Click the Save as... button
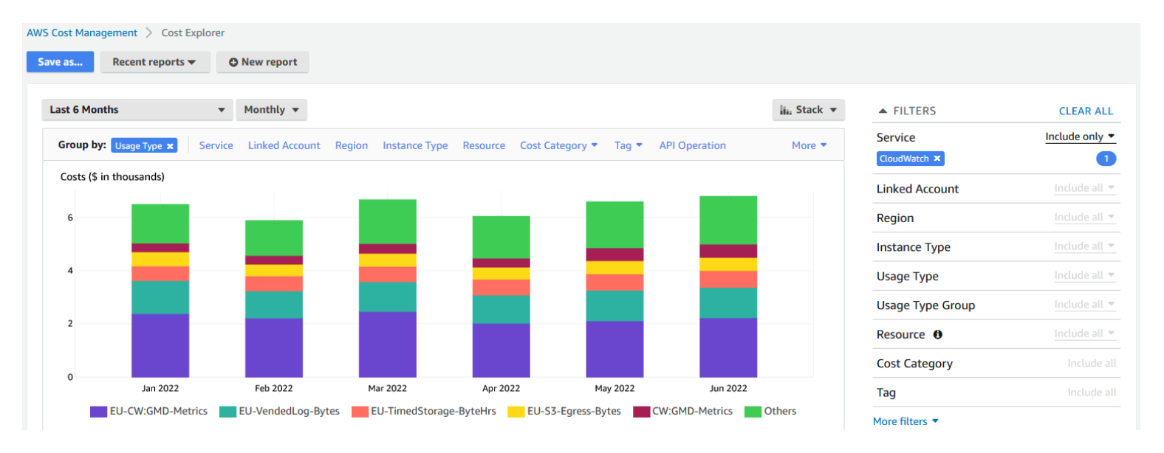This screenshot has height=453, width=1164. [x=60, y=62]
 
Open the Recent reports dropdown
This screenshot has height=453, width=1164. [x=154, y=62]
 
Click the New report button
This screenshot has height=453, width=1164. [x=262, y=62]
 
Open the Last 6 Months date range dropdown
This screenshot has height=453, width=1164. [x=137, y=110]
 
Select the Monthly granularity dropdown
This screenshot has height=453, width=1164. [x=271, y=110]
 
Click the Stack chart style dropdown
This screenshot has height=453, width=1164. [x=808, y=110]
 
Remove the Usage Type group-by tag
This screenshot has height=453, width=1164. [x=170, y=146]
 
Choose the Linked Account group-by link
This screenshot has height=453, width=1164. [x=284, y=145]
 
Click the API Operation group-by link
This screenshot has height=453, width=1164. [x=692, y=145]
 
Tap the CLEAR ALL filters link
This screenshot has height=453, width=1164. [x=1085, y=111]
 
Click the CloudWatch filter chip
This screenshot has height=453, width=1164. [x=904, y=159]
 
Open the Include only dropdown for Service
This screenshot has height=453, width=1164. [x=1079, y=136]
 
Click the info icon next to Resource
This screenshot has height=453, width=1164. [x=937, y=334]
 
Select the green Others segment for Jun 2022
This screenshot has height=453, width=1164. [x=727, y=220]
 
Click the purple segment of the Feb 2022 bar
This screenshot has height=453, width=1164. [x=273, y=347]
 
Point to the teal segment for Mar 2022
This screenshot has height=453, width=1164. [x=387, y=297]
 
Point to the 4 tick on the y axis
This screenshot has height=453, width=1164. [x=70, y=271]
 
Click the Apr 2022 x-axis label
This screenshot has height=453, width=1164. [x=501, y=388]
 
